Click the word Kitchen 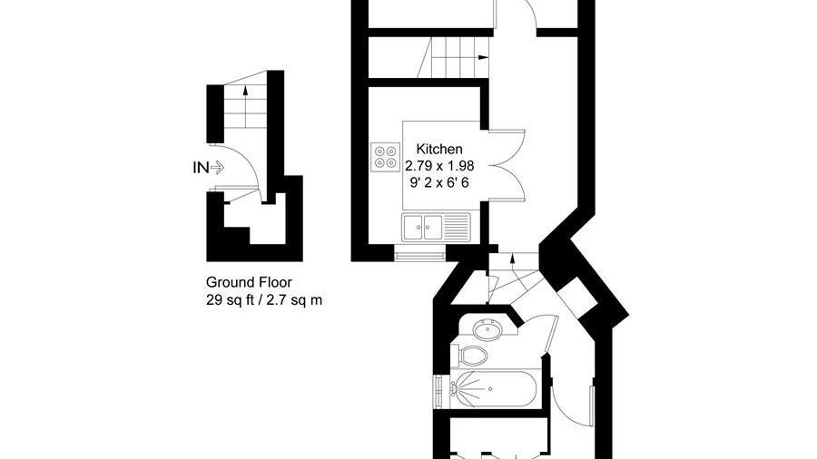[x=439, y=150]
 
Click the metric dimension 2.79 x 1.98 [x=439, y=166]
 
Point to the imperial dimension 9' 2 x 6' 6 [x=439, y=182]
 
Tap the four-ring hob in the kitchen [x=385, y=157]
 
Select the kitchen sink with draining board [x=436, y=228]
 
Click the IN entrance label [x=201, y=168]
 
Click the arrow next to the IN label [x=217, y=168]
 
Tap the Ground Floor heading [x=249, y=282]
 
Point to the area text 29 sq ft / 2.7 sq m [x=264, y=300]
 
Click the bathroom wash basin [x=487, y=329]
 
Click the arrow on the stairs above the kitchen [x=483, y=57]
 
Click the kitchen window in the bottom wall [x=419, y=256]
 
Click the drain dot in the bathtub [x=490, y=389]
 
